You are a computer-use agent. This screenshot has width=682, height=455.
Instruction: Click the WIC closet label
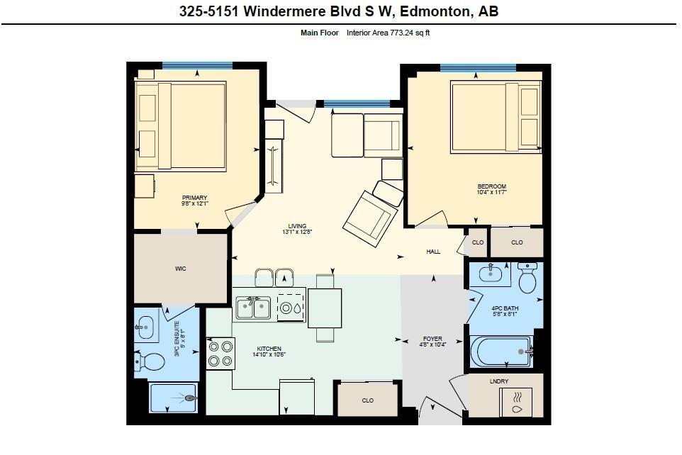(181, 269)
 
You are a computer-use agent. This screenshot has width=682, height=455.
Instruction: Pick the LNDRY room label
(499, 381)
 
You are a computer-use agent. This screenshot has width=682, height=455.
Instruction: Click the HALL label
(433, 252)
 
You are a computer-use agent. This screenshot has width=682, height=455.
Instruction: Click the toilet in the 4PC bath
(527, 278)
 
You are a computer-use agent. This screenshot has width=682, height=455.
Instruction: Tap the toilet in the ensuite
(150, 361)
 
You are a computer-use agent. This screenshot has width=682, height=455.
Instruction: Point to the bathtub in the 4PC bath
(501, 352)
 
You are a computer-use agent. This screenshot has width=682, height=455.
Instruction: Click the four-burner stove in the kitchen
(220, 354)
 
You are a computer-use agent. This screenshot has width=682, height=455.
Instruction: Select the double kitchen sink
(253, 308)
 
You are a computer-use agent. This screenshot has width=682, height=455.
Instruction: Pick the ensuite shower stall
(173, 398)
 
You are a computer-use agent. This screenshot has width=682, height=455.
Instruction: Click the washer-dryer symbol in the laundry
(515, 402)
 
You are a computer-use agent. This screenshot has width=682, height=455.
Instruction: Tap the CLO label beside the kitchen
(367, 400)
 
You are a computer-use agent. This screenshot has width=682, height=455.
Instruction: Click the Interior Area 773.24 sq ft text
(388, 33)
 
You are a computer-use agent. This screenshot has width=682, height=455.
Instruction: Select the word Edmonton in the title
(435, 11)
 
